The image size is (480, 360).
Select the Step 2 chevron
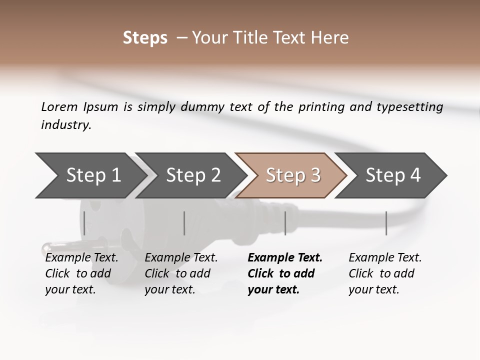[x=192, y=175]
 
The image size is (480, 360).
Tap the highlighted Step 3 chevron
[x=292, y=175]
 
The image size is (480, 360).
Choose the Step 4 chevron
[x=392, y=175]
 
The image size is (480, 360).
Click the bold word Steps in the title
[x=145, y=38]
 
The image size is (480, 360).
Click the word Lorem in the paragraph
[x=59, y=106]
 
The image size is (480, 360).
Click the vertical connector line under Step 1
[x=84, y=223]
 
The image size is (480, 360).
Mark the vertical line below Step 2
[x=184, y=223]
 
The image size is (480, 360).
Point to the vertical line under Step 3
[x=285, y=223]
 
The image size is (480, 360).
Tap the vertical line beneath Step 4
[x=386, y=223]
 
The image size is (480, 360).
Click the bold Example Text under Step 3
[x=285, y=258]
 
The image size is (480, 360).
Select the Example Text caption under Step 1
[x=81, y=258]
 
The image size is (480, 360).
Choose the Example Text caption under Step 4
[x=385, y=258]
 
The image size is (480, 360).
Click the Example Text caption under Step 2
[x=181, y=258]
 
